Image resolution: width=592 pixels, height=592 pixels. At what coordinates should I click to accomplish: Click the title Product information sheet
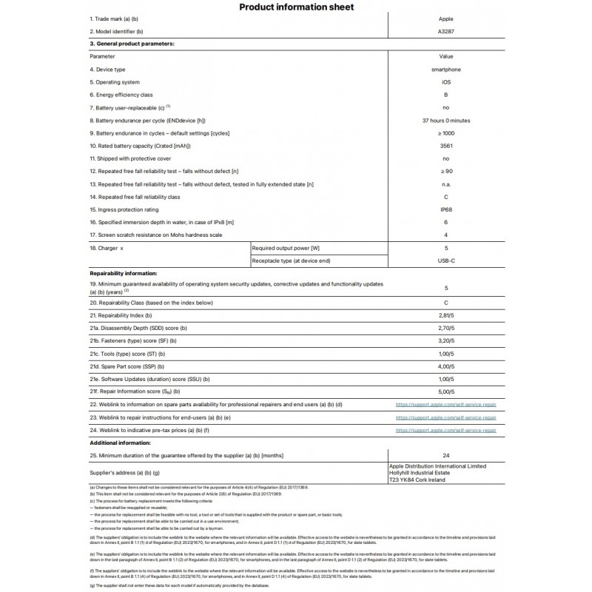coord(296,7)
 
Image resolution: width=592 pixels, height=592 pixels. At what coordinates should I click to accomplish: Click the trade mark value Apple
coord(446,18)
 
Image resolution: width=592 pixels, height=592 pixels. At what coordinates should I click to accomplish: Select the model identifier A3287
coord(446,31)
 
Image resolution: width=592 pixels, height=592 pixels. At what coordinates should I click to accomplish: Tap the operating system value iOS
coord(446,82)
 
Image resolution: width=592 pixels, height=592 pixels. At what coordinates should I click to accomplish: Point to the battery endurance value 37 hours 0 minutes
coord(446,121)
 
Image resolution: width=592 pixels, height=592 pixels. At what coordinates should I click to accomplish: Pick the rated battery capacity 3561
coord(446,146)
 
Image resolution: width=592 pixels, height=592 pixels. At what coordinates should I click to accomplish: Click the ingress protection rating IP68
coord(446,209)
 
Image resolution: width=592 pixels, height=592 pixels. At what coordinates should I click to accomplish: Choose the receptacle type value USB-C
coord(446,260)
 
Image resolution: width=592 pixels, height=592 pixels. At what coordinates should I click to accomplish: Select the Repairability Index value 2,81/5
coord(446,315)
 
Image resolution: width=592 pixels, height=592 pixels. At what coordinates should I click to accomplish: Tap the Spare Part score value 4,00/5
coord(446,366)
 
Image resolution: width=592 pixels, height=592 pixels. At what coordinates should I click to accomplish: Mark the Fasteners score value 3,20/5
coord(446,340)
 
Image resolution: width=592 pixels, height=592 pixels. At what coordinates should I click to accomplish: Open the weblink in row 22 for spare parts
coord(446,404)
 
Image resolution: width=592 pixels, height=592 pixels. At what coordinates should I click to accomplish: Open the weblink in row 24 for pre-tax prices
coord(446,429)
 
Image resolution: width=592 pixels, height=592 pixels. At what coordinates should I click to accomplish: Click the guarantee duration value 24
coord(446,455)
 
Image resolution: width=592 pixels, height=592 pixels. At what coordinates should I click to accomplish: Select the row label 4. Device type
coord(108,70)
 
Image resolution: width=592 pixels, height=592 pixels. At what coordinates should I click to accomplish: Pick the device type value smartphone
coord(446,70)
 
